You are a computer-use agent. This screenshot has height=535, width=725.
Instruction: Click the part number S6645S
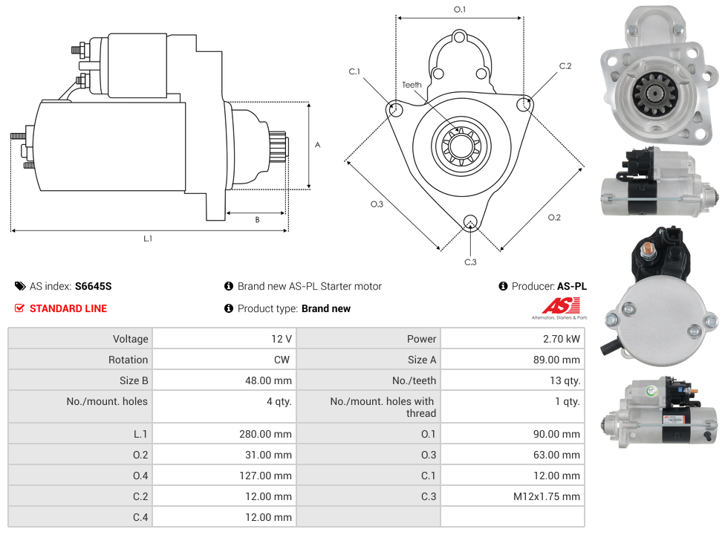(94, 286)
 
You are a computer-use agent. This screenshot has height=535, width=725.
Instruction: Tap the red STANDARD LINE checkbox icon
(19, 308)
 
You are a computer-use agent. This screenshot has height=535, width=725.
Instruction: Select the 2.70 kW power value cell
(513, 339)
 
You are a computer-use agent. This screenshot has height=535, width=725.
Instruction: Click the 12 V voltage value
(281, 339)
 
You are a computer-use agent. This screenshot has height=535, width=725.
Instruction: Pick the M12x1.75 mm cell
(513, 496)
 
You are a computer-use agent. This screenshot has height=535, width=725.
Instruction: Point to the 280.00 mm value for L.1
(265, 434)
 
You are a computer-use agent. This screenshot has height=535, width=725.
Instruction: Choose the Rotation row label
(128, 360)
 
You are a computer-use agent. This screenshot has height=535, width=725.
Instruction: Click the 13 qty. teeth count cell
(513, 380)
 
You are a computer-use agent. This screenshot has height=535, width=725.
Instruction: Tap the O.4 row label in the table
(140, 476)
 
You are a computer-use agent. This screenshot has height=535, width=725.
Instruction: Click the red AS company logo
(561, 306)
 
